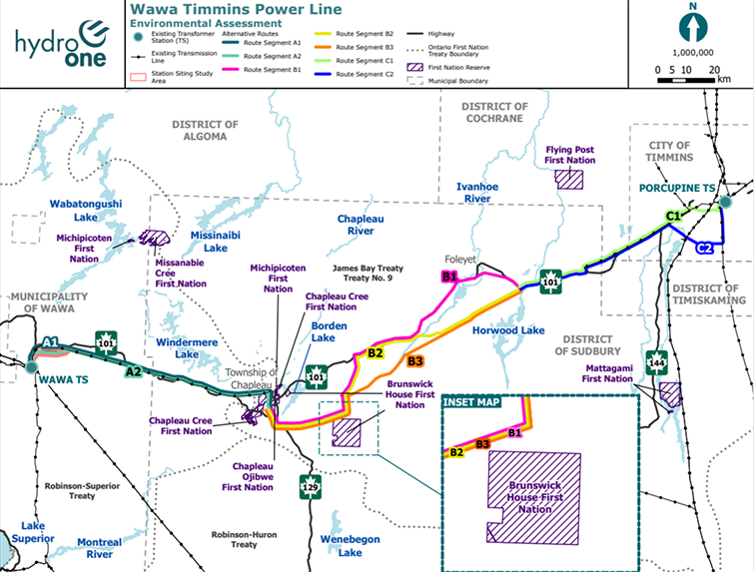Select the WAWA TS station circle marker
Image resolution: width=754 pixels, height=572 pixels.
tap(32, 366)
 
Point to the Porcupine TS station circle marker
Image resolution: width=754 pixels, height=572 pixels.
tap(726, 202)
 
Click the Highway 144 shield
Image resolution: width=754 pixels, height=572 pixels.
tap(656, 359)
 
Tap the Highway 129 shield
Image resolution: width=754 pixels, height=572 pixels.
tap(310, 487)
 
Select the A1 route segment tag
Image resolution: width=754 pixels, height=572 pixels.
tap(51, 341)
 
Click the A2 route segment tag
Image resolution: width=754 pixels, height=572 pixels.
tap(132, 371)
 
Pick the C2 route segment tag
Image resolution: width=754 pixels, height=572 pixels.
tap(704, 247)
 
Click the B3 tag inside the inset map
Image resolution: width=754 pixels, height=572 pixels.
tap(482, 442)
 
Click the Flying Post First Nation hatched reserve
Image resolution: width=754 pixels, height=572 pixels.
tap(571, 179)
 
